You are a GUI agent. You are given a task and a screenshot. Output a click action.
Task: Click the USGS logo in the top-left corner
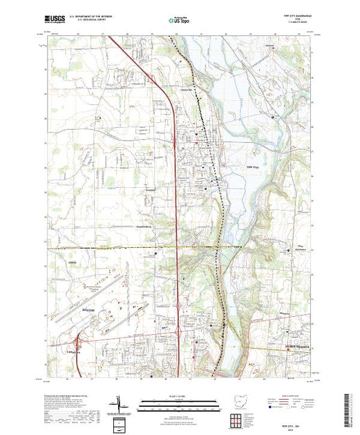55,21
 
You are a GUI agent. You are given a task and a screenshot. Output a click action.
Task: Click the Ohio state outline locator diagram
239,400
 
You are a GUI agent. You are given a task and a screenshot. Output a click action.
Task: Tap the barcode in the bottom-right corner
348,408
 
